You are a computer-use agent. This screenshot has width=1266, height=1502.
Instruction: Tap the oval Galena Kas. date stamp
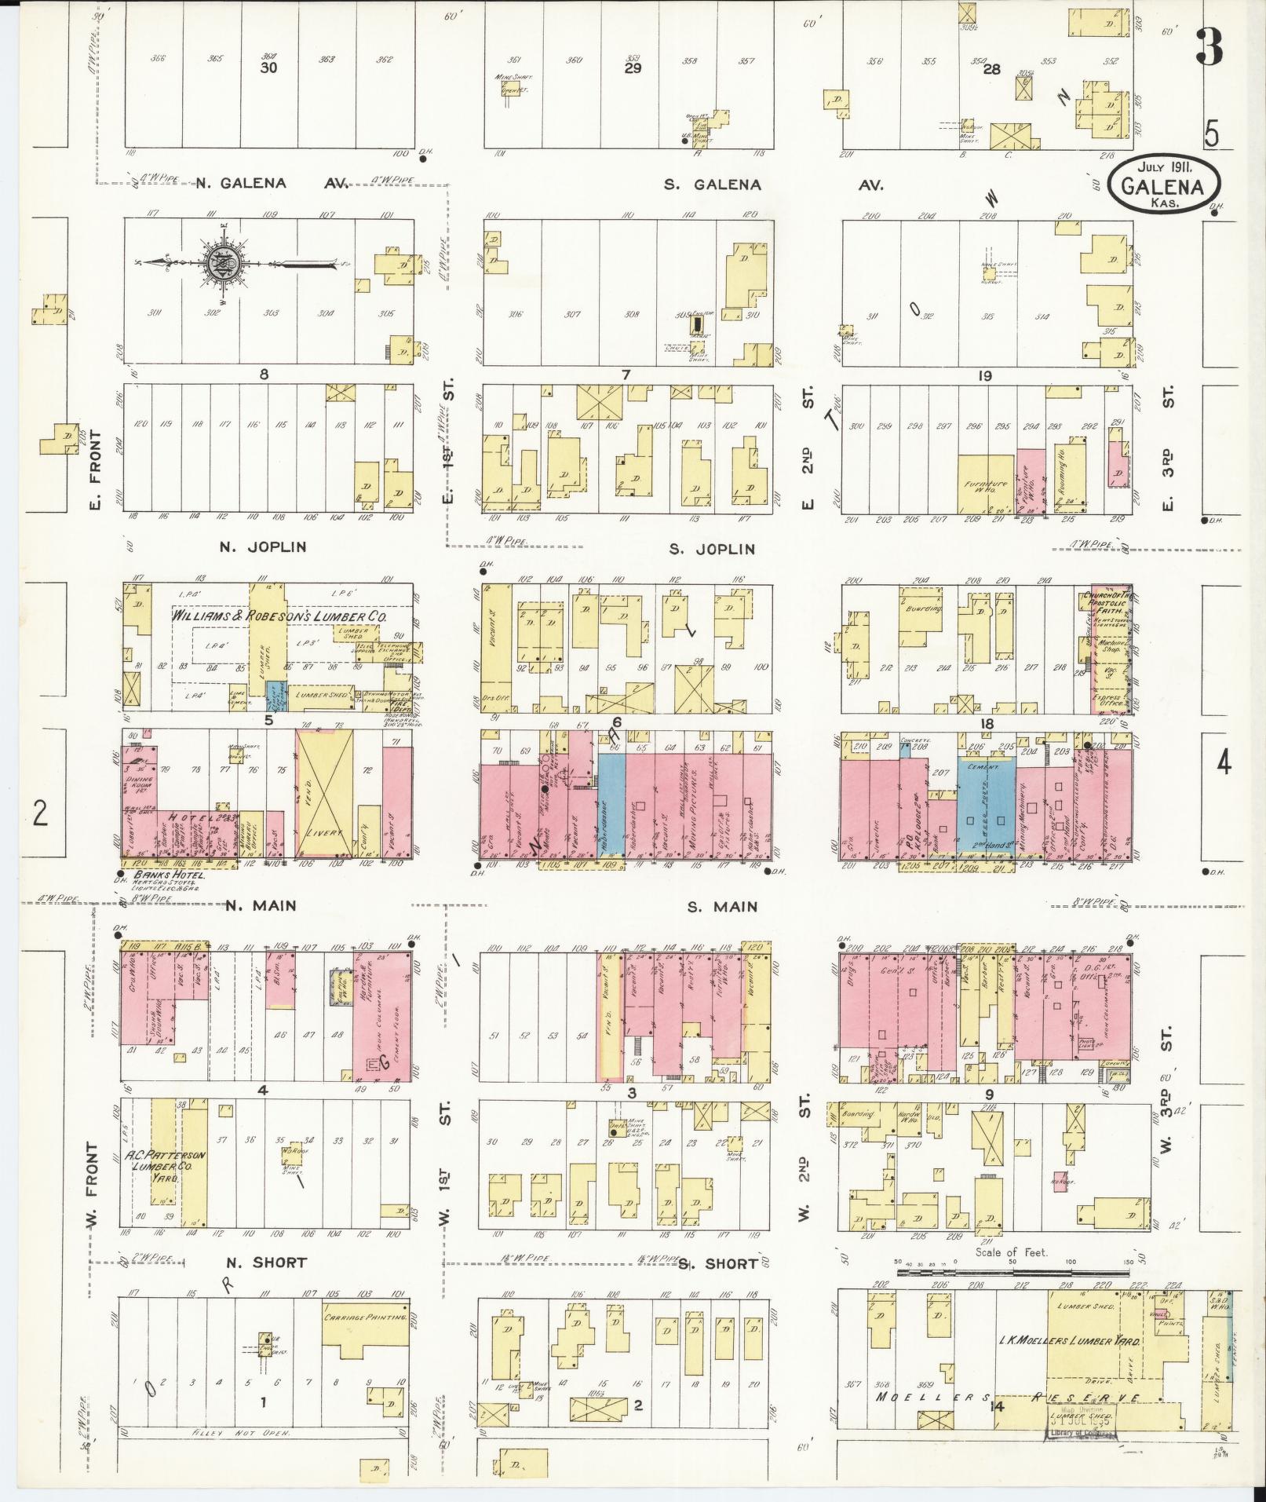pos(1164,185)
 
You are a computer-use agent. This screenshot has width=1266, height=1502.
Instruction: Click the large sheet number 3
pos(1209,47)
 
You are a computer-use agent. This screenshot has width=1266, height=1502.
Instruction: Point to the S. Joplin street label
pos(711,550)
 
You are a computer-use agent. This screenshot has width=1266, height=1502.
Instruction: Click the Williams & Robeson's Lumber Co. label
pos(279,617)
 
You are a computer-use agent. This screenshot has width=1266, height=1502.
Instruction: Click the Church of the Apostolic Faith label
pos(1111,601)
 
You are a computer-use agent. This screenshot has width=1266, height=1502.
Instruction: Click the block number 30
pos(269,68)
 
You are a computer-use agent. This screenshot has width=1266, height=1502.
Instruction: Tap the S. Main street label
pos(722,907)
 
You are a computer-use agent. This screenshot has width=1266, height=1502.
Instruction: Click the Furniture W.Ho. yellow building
pos(987,484)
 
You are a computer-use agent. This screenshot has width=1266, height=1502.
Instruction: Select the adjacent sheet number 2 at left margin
pos(40,813)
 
